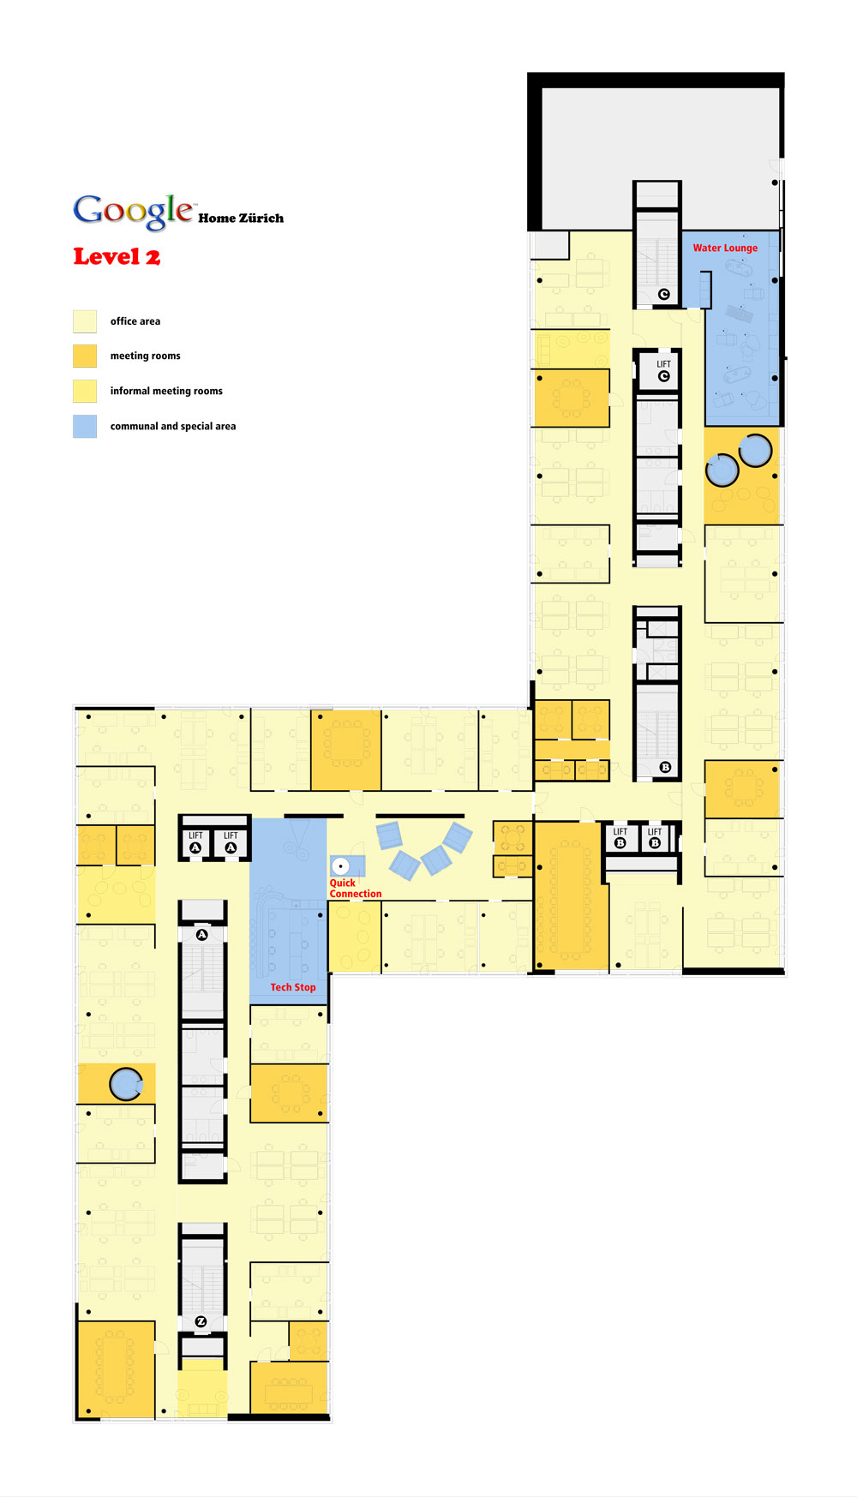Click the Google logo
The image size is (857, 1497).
(133, 211)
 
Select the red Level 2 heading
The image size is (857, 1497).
(117, 257)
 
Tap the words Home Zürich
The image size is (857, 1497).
(241, 219)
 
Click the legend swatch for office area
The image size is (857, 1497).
(85, 321)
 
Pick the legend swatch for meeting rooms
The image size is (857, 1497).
(85, 356)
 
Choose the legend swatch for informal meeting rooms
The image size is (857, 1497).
(85, 391)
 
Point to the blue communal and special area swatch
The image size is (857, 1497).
(85, 426)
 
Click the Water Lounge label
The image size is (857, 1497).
(725, 249)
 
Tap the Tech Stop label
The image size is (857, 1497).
(293, 987)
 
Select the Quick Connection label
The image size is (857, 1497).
(356, 889)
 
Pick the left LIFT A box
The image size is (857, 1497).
(195, 841)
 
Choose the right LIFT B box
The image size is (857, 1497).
(655, 837)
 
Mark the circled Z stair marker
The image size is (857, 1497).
(201, 1321)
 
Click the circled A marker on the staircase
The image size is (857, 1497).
(202, 935)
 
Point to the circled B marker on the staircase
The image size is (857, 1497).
(665, 767)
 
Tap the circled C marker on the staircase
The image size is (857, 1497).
(663, 294)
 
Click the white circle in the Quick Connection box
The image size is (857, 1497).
(340, 866)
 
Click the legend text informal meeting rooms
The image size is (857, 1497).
(166, 391)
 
